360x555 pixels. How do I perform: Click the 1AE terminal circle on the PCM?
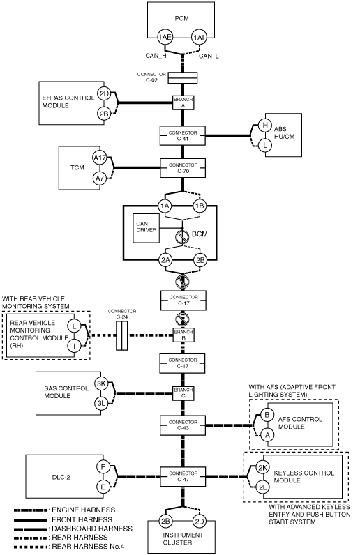[165, 37]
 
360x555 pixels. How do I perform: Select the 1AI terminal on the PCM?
[199, 37]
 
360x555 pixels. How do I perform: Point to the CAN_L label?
[209, 56]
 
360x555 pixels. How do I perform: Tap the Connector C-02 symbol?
[182, 78]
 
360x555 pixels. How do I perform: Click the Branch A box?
[183, 102]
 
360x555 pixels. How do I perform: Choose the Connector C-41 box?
[183, 135]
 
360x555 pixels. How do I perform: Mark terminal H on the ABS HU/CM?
[264, 125]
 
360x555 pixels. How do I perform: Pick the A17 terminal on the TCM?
[100, 158]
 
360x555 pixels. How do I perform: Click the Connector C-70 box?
[183, 168]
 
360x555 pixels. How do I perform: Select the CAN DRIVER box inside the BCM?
[147, 228]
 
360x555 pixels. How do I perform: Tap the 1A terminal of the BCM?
[165, 206]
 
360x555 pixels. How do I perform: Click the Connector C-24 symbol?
[122, 335]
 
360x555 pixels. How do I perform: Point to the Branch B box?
[183, 335]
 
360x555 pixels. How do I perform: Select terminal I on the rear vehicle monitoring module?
[74, 346]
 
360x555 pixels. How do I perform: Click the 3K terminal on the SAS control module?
[101, 383]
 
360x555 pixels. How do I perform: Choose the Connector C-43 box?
[183, 425]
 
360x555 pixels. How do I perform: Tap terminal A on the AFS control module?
[267, 434]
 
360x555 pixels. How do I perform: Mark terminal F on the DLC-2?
[103, 467]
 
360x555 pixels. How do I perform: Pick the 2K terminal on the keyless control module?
[262, 468]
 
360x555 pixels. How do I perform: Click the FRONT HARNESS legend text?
[82, 519]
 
